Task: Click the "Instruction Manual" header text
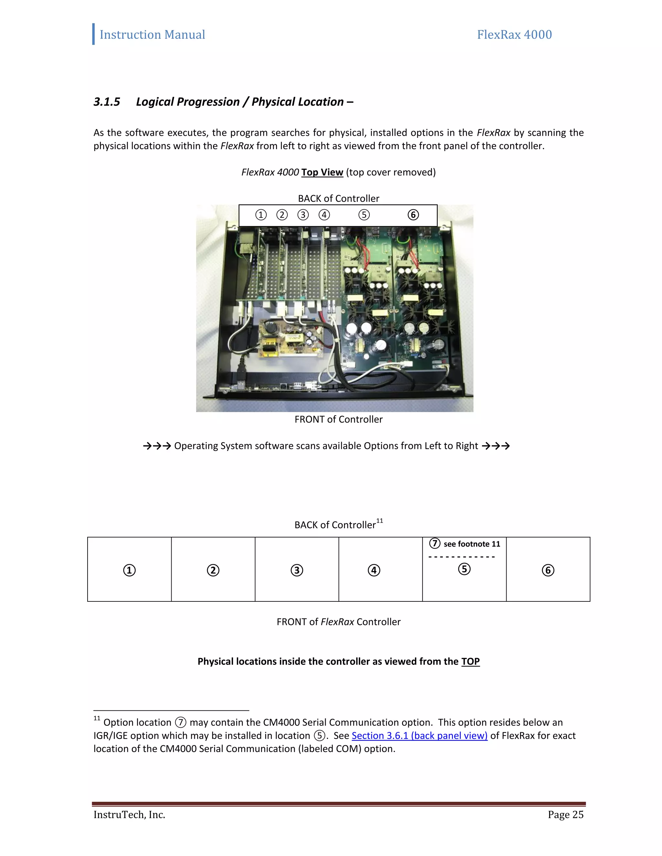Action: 152,35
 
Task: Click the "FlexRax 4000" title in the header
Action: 514,35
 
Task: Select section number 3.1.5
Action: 107,102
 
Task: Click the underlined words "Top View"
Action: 322,172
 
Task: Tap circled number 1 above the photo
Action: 261,215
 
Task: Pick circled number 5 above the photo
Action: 364,215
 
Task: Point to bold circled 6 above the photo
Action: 413,215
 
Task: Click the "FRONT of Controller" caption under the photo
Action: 338,419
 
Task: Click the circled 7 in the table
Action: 434,544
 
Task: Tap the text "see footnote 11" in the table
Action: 472,544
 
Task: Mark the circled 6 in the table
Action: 548,570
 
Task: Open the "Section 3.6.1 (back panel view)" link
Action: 419,736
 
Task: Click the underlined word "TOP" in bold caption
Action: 470,662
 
